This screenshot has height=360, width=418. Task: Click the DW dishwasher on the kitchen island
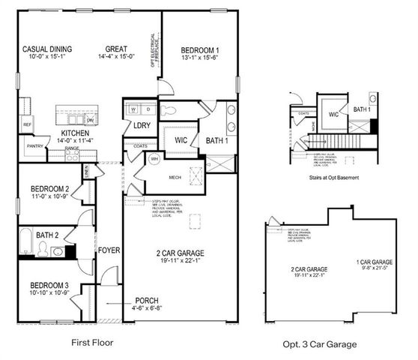[x=89, y=120]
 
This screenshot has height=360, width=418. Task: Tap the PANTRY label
[x=34, y=146]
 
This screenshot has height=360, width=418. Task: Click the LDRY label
[x=142, y=126]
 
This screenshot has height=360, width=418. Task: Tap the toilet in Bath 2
[x=44, y=249]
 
